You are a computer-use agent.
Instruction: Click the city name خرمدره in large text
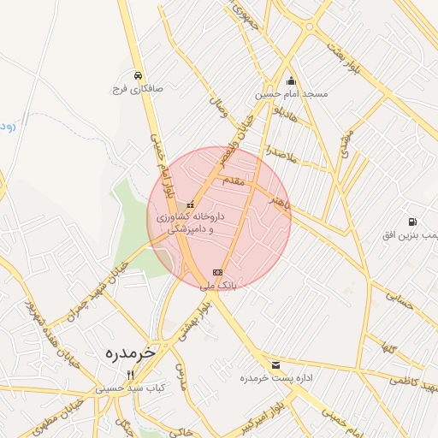coord(132,352)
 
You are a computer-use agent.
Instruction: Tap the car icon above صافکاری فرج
coord(138,74)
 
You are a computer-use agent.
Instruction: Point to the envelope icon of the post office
coord(275,365)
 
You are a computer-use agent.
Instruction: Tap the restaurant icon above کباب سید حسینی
coord(131,375)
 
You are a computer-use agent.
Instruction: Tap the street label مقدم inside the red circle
coord(232,181)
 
